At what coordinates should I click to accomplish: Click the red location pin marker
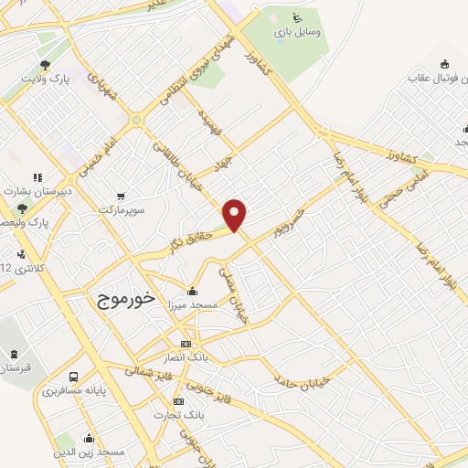[x=236, y=214]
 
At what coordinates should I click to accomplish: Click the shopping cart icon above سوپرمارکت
[x=122, y=196]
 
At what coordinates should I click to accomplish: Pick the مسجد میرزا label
[x=190, y=306]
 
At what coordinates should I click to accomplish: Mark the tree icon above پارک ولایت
[x=45, y=64]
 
